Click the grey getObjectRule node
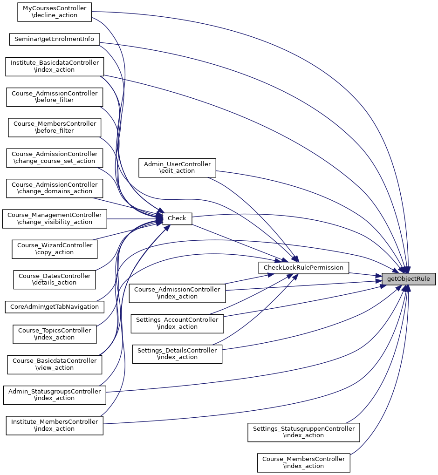tap(409, 279)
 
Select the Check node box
tap(177, 218)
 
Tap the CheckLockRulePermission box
tap(303, 268)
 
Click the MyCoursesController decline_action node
tap(54, 12)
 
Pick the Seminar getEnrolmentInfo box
tap(55, 39)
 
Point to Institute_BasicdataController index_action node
tap(55, 66)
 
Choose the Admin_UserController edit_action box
tap(177, 168)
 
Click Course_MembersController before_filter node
tap(55, 127)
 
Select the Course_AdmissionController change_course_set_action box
tap(55, 157)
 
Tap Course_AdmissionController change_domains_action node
tap(55, 188)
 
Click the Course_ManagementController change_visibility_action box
tap(55, 218)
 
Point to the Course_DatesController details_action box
tap(55, 279)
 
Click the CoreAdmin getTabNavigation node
tap(55, 307)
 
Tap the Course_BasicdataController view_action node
tap(55, 364)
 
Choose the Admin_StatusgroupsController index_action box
tap(55, 394)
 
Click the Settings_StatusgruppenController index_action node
tap(303, 432)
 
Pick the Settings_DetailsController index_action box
tap(177, 353)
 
